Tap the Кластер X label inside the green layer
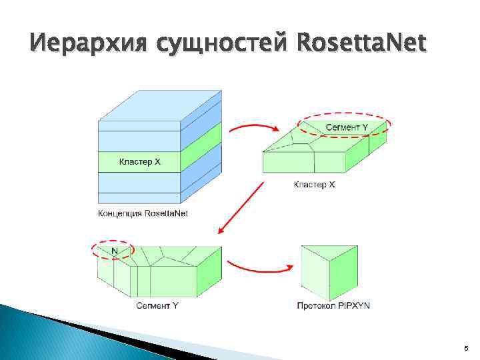(x=139, y=162)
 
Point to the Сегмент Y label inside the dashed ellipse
(x=347, y=127)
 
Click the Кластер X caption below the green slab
(x=314, y=184)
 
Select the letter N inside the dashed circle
(x=115, y=251)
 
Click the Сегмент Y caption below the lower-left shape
(x=157, y=306)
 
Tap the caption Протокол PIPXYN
(x=333, y=306)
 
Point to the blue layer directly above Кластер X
(x=139, y=141)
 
